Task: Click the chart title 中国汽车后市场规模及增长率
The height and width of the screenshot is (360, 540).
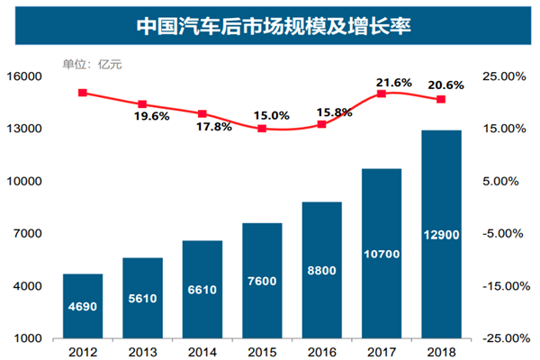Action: tap(269, 23)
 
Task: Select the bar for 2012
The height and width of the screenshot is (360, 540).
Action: tap(83, 306)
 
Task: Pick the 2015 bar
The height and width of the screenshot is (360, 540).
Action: tap(262, 280)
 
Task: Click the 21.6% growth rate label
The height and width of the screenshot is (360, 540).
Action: tap(393, 82)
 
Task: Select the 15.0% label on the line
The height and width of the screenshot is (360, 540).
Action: tap(271, 115)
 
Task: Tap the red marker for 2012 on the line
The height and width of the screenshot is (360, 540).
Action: tap(83, 93)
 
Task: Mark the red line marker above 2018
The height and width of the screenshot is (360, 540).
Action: tap(441, 99)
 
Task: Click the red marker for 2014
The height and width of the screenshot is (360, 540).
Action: tap(202, 114)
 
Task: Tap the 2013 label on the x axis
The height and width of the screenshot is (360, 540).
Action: tap(142, 351)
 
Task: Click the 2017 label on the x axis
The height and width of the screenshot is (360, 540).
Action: tap(382, 351)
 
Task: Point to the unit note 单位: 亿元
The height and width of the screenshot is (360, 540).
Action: tap(90, 64)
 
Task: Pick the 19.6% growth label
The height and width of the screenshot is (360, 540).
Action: tap(152, 116)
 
